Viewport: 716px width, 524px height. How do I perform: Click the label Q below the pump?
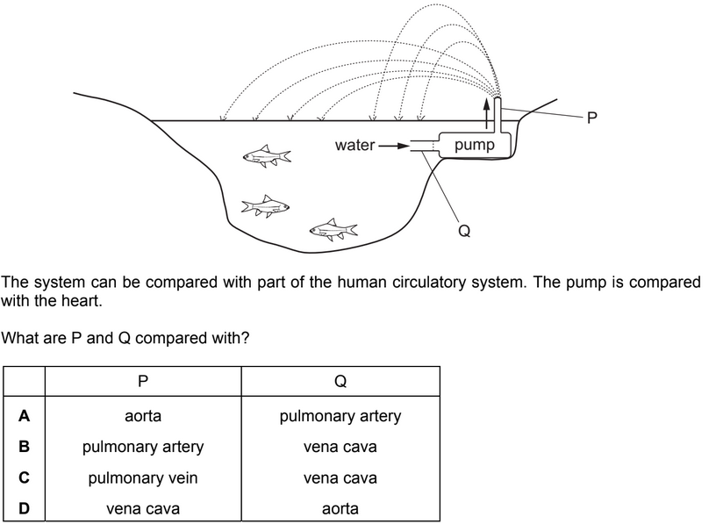pyautogui.click(x=464, y=231)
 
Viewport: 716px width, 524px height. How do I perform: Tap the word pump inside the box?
pyautogui.click(x=475, y=145)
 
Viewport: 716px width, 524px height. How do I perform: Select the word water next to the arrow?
pyautogui.click(x=354, y=145)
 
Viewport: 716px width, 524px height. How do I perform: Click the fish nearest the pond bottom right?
pyautogui.click(x=333, y=230)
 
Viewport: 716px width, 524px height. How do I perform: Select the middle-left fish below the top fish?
pyautogui.click(x=265, y=206)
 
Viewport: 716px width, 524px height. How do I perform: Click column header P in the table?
pyautogui.click(x=143, y=382)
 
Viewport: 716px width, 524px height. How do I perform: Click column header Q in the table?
pyautogui.click(x=340, y=382)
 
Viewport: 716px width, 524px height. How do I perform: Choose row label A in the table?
pyautogui.click(x=25, y=415)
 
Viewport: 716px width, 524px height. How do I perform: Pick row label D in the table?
pyautogui.click(x=25, y=507)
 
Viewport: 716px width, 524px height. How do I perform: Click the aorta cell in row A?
pyautogui.click(x=143, y=415)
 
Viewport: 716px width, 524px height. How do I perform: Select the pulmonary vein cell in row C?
pyautogui.click(x=143, y=477)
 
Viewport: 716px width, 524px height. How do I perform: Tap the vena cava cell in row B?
pyautogui.click(x=340, y=447)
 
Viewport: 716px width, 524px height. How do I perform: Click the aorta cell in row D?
pyautogui.click(x=340, y=508)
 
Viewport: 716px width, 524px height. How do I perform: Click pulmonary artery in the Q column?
pyautogui.click(x=340, y=415)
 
